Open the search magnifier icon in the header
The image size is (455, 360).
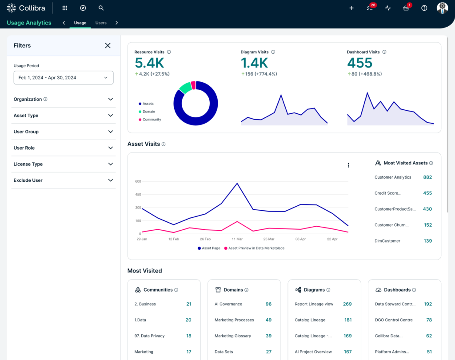coord(101,8)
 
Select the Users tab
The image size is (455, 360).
coord(101,23)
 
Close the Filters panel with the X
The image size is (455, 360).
coord(108,45)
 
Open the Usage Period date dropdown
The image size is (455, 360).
coord(64,78)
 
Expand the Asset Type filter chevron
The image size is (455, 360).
coord(111,116)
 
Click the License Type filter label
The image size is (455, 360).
coord(28,164)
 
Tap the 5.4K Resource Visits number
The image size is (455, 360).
coord(149,63)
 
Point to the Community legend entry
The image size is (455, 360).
coord(152,120)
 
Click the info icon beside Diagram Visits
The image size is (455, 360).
coord(273,52)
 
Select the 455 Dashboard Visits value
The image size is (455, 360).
coord(360,63)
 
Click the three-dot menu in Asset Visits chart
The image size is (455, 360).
coord(348,165)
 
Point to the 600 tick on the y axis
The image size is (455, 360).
coord(138,181)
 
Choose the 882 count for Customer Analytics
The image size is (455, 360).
coord(427,177)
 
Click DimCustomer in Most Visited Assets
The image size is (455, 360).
coord(387,241)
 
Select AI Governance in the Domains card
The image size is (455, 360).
coord(228,304)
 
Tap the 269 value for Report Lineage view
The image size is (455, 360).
coord(347,304)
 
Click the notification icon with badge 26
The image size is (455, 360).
coord(370,8)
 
